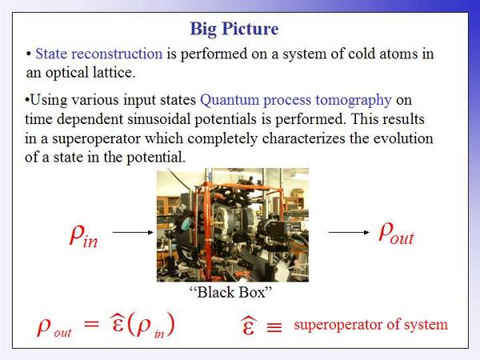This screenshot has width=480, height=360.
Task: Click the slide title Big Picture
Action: click(234, 30)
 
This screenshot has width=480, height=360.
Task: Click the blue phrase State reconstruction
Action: click(99, 54)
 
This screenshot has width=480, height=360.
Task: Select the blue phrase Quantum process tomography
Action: click(296, 101)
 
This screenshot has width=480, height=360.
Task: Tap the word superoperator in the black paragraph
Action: click(96, 139)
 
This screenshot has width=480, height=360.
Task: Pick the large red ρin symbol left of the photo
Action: click(83, 235)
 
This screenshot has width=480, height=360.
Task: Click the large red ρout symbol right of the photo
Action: click(396, 234)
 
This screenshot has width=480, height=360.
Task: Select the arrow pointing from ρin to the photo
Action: click(133, 232)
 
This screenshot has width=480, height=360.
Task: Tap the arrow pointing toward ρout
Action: click(349, 232)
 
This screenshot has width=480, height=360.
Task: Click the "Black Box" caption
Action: click(231, 292)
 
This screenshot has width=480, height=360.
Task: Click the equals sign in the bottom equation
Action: click(91, 324)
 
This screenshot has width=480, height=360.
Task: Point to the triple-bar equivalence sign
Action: click(274, 327)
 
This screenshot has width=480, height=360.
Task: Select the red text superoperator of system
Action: click(370, 325)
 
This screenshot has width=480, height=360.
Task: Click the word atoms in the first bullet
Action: click(398, 54)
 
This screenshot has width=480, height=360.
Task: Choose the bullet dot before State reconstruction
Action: click(29, 54)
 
